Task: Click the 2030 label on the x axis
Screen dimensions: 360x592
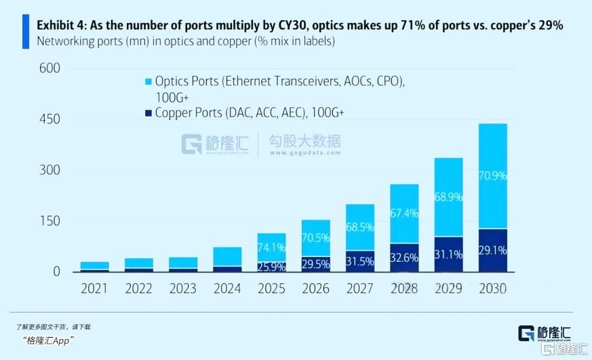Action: (x=492, y=289)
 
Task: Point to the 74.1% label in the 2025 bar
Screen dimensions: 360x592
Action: (x=271, y=247)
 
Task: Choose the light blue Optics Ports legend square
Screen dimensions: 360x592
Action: (x=146, y=81)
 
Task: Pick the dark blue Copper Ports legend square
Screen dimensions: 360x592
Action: (x=146, y=113)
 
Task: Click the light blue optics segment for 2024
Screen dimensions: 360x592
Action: (x=228, y=256)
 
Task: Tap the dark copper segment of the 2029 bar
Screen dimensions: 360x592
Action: (x=448, y=254)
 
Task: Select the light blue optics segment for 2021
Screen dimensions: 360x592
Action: (x=95, y=265)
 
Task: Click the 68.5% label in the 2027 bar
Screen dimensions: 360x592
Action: (x=359, y=225)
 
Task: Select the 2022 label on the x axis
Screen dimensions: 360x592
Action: (x=138, y=289)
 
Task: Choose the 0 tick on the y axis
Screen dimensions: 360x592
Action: (x=56, y=272)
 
